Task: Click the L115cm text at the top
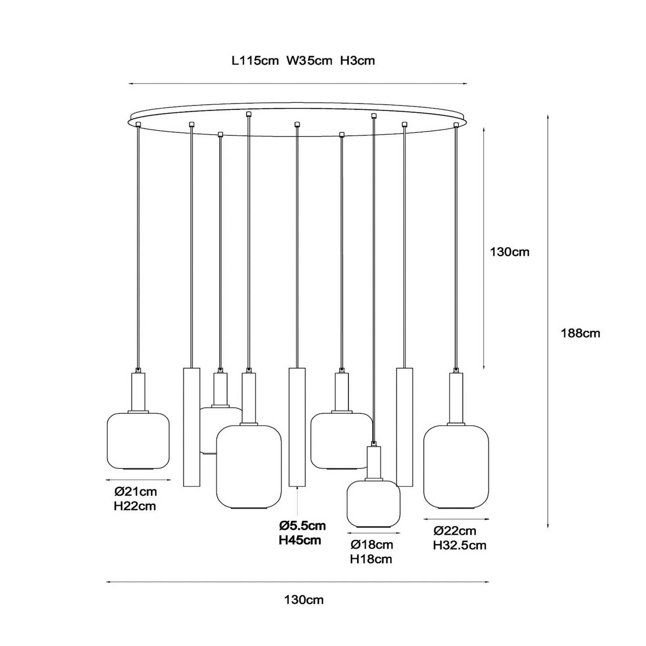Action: pos(255,61)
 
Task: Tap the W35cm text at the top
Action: pos(309,61)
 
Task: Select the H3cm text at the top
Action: pos(357,61)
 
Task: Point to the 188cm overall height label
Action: pos(580,333)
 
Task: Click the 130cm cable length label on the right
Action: pos(510,252)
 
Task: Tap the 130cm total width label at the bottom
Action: pos(304,600)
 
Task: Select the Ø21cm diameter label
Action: pos(136,491)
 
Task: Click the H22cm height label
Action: pos(135,506)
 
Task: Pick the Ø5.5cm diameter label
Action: pos(302,525)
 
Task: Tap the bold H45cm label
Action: pos(300,540)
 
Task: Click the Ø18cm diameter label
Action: pos(371,545)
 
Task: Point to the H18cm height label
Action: pos(371,559)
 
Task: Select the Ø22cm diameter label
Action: pos(455,531)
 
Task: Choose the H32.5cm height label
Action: pos(459,545)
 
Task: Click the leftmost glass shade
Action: pos(138,440)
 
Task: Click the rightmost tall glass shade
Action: pos(456,467)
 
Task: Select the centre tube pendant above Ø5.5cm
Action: pos(297,427)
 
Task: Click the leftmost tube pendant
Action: pos(191,427)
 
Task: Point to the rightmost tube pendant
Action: pos(405,427)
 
